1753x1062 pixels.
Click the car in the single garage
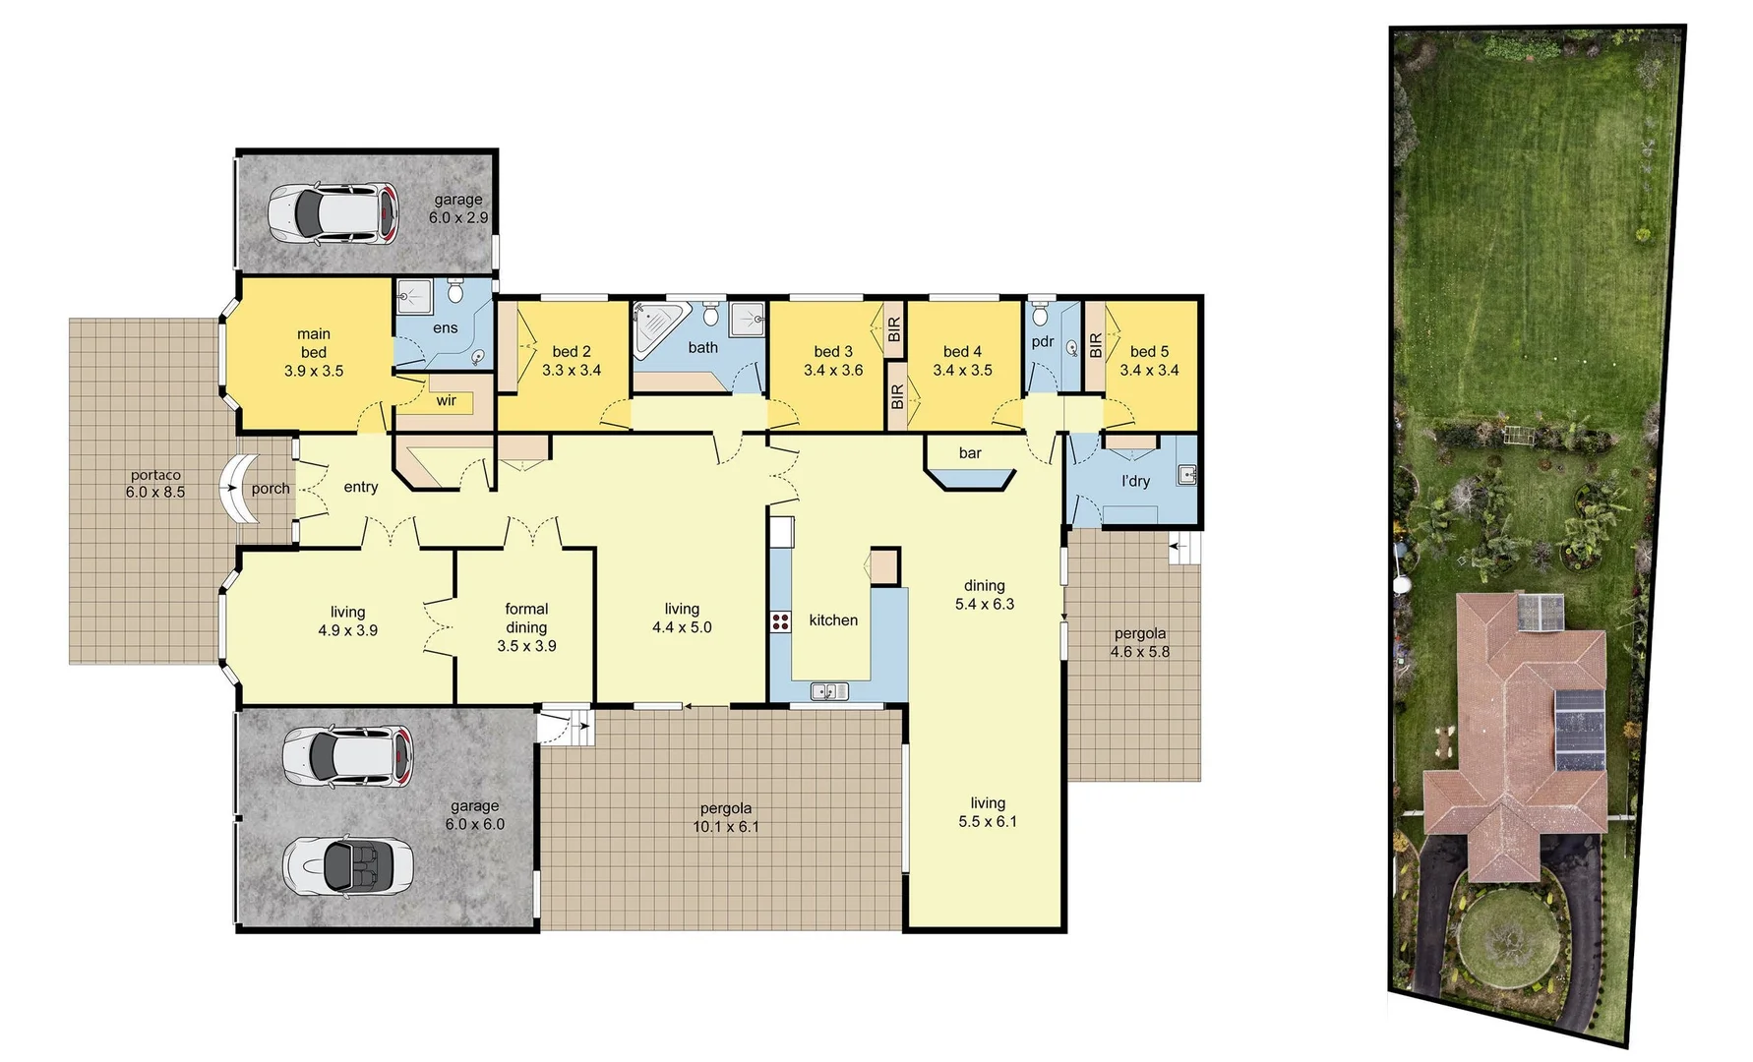point(334,212)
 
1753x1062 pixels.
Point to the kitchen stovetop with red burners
point(781,621)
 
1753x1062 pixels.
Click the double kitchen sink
point(829,692)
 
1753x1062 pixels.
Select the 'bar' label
point(970,453)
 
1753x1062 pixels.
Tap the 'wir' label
point(447,400)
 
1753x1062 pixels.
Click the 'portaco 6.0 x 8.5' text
point(155,484)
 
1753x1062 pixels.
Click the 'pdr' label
point(1043,342)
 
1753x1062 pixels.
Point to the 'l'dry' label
point(1135,481)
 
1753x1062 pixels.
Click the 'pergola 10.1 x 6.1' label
point(726,817)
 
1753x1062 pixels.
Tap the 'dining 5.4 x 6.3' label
point(985,595)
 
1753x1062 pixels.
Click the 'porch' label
point(271,488)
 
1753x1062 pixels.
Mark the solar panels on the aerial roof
point(1580,730)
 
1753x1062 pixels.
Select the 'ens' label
point(446,328)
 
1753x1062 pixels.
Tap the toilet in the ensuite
point(455,292)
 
